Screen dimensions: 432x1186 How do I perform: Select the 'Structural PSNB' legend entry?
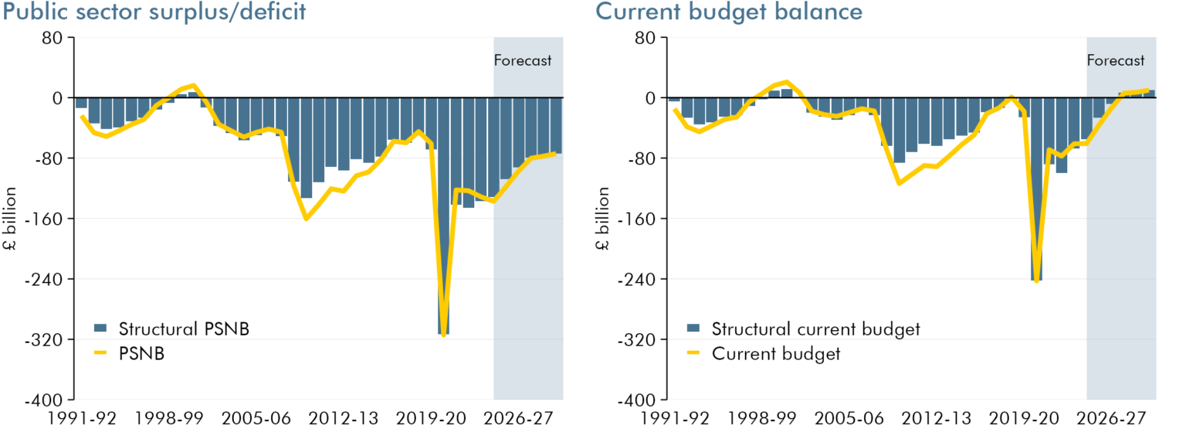[x=184, y=328]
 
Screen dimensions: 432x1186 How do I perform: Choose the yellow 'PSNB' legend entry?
[x=142, y=353]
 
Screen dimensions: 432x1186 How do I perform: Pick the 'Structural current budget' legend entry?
[x=815, y=328]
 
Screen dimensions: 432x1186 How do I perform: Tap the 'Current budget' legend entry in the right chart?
[x=775, y=353]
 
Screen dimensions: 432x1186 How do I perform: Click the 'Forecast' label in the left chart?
[x=523, y=60]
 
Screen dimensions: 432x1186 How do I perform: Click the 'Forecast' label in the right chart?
[x=1116, y=60]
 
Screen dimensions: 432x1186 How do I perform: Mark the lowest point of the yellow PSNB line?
[x=443, y=335]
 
